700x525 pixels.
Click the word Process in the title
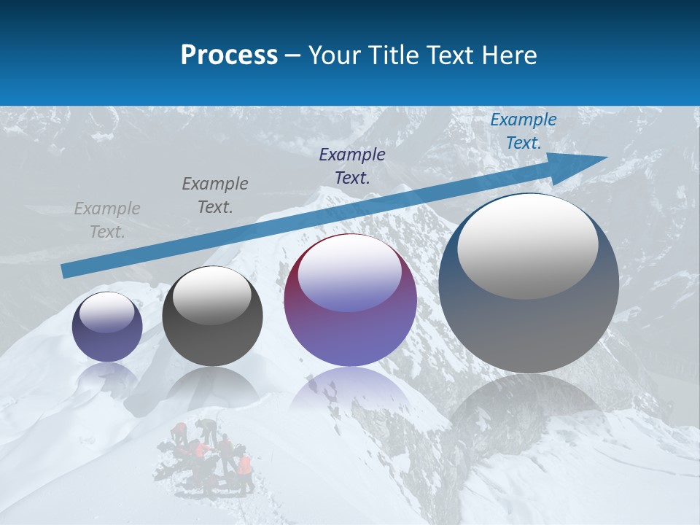[229, 55]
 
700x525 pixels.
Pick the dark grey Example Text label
[215, 195]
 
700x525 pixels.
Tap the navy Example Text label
[352, 166]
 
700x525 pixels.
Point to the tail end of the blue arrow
[67, 271]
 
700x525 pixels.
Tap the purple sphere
[350, 321]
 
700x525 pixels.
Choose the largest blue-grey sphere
[529, 328]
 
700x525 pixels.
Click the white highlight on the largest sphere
[527, 245]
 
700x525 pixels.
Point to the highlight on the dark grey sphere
[212, 295]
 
